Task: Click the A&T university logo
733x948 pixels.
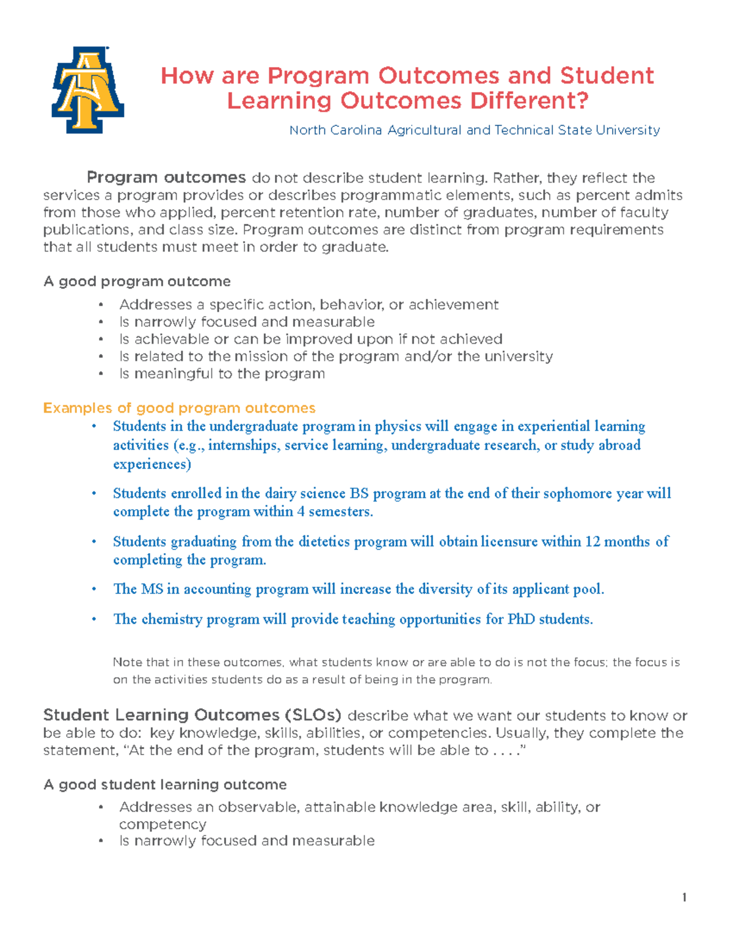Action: click(x=88, y=90)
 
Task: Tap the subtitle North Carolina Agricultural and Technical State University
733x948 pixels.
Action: click(x=474, y=130)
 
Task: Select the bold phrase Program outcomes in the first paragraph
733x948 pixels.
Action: click(x=166, y=178)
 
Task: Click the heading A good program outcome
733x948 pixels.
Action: click(x=137, y=281)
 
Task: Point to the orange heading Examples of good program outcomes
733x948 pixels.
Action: click(x=179, y=408)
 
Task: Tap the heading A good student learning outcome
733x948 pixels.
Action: click(x=165, y=784)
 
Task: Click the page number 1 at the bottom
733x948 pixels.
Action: click(x=684, y=897)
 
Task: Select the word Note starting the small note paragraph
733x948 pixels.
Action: click(x=127, y=662)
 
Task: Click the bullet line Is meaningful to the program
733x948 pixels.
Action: click(x=222, y=374)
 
